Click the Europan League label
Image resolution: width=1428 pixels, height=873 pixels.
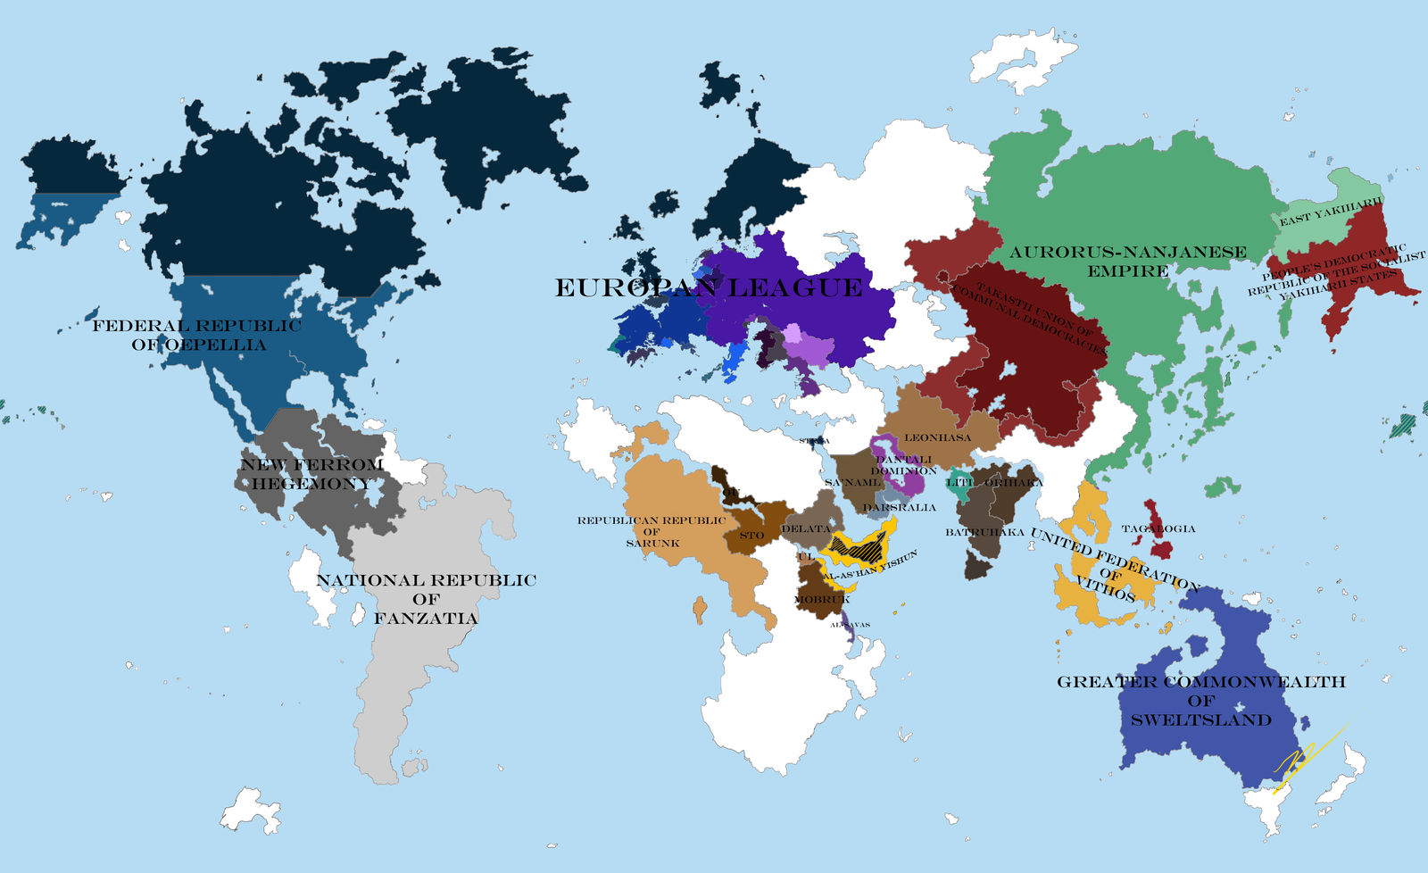(709, 287)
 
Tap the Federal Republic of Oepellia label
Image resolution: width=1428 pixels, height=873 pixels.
(197, 335)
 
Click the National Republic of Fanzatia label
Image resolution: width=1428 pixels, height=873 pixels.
(426, 598)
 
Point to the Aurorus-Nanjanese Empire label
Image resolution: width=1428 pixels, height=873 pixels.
(1127, 261)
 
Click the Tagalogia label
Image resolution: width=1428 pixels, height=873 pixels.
(1158, 528)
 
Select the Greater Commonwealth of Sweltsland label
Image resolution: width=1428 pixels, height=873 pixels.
(1200, 700)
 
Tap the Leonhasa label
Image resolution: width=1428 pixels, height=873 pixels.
(937, 437)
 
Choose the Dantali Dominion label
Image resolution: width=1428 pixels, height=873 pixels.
(903, 464)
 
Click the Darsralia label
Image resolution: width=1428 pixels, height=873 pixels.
(900, 507)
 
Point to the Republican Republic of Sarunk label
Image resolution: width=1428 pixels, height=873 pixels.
(652, 531)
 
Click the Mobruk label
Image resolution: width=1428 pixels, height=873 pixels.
(822, 600)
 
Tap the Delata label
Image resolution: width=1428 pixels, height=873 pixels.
(806, 528)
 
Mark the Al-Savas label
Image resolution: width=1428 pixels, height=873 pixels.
(850, 625)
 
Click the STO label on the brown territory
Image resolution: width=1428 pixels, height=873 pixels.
(751, 536)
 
